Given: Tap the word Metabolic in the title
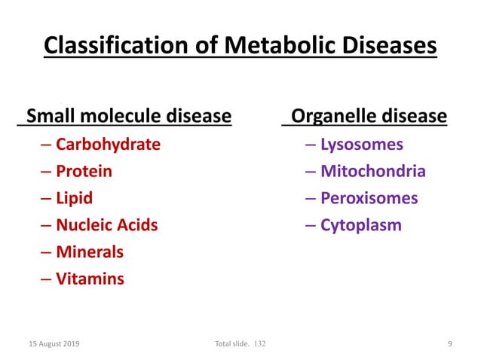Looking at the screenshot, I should (x=271, y=47).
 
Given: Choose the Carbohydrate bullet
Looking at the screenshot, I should (x=108, y=144).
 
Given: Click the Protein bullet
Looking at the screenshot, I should (x=84, y=171).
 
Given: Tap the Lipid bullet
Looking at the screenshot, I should (x=75, y=198).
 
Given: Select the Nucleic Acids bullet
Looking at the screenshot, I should (x=106, y=224).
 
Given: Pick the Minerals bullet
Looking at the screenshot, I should (x=89, y=252).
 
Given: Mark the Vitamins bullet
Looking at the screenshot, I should (x=90, y=279).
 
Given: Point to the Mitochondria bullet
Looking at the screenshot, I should (x=373, y=171).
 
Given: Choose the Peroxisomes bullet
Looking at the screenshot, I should (x=369, y=198).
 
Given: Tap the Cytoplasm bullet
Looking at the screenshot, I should (x=361, y=224).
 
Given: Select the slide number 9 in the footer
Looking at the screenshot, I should (x=449, y=344).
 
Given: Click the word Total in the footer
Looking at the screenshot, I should (x=225, y=344).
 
